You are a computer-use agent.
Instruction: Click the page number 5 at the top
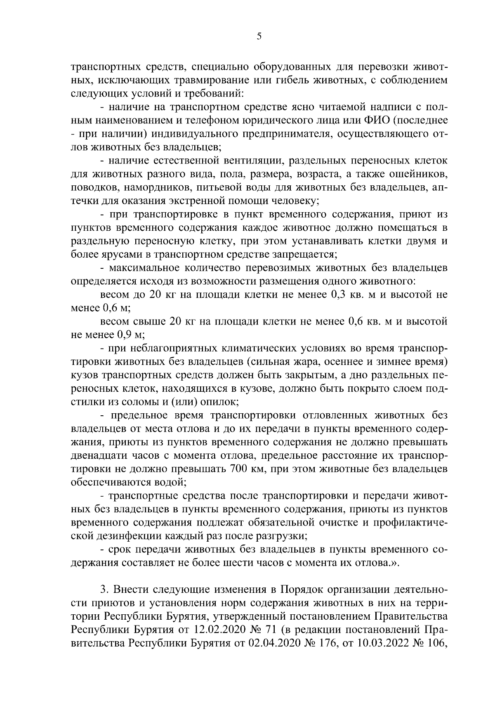click(x=259, y=36)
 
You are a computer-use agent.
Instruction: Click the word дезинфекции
click(x=136, y=535)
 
